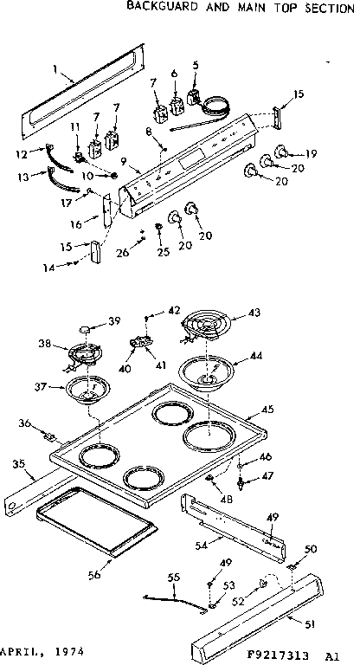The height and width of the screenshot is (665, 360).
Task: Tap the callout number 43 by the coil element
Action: pyautogui.click(x=254, y=313)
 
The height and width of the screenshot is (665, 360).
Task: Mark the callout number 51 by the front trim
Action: pyautogui.click(x=308, y=622)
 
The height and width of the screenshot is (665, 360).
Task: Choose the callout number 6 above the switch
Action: pyautogui.click(x=175, y=73)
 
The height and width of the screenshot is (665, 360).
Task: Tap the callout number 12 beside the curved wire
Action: pyautogui.click(x=22, y=154)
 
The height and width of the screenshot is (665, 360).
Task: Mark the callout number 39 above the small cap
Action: pyautogui.click(x=112, y=321)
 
